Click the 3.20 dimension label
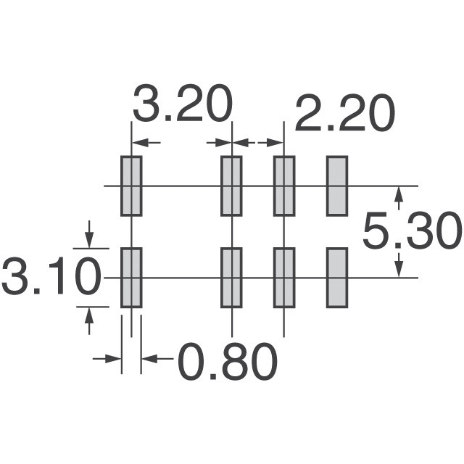point(182,103)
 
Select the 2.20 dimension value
point(345,113)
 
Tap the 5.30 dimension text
point(413,231)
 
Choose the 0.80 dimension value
point(228,361)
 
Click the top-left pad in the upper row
point(131,186)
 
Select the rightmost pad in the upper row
point(337,186)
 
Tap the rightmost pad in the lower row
point(337,278)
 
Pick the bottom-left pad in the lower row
point(131,278)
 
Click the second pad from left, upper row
point(231,186)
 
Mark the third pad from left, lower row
point(284,278)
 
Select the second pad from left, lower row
point(231,278)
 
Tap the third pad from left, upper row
point(284,186)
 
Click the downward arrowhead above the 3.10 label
point(89,240)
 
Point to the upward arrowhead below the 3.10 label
point(89,315)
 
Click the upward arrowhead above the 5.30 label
point(399,194)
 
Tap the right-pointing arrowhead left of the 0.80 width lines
point(113,359)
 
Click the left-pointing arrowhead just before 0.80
point(149,359)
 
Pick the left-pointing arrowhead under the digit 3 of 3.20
point(140,143)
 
